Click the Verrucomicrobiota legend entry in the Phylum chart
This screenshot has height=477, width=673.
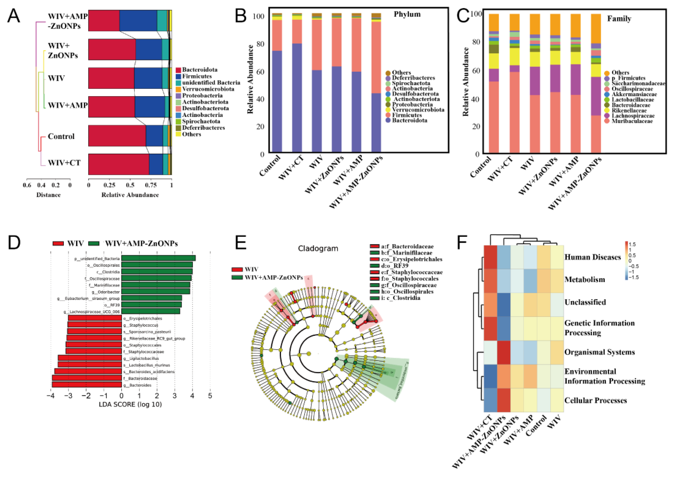[x=418, y=110]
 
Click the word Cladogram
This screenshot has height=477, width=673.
[x=318, y=248]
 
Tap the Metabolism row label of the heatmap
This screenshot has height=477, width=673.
[x=585, y=279]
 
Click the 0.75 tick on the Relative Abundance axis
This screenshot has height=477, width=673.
[x=151, y=185]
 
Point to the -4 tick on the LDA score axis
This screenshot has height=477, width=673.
[x=50, y=396]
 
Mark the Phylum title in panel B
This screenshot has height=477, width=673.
[x=407, y=14]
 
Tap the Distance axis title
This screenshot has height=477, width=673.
[x=49, y=195]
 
